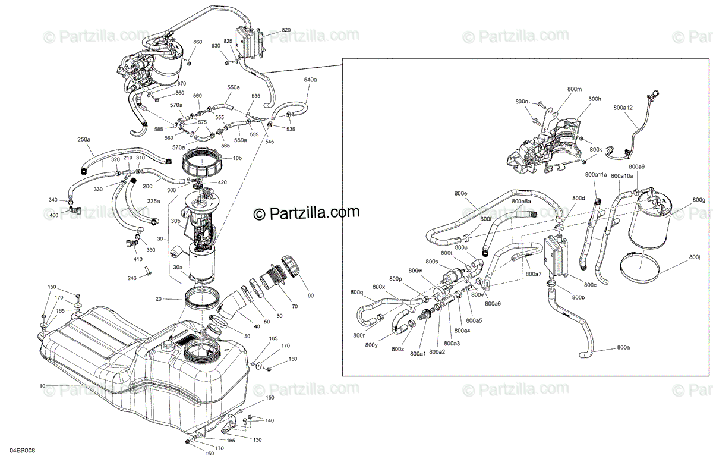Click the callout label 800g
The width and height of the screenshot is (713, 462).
[x=699, y=200]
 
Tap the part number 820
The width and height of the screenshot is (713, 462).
[x=286, y=30]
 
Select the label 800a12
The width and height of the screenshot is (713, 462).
[x=624, y=108]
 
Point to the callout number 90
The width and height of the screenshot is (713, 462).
[x=311, y=296]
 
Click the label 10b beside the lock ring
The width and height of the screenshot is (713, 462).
[x=237, y=159]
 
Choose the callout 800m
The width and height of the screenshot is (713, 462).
[x=574, y=89]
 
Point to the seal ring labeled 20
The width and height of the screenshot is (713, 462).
[x=202, y=297]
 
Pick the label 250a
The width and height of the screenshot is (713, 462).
[x=84, y=139]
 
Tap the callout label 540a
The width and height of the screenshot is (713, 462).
[x=310, y=79]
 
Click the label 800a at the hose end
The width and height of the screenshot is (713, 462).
[x=623, y=347]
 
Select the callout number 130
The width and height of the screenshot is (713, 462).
[x=257, y=440]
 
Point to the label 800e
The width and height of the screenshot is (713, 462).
[x=461, y=194]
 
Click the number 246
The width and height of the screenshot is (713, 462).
[x=132, y=278]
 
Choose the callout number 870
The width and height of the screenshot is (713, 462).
[x=181, y=84]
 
